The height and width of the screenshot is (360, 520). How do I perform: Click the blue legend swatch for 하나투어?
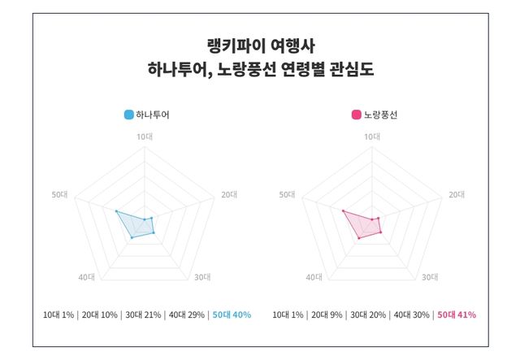pyautogui.click(x=129, y=115)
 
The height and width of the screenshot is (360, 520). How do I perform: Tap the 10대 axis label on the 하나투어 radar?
pyautogui.click(x=144, y=137)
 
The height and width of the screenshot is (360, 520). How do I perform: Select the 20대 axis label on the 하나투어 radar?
pyautogui.click(x=229, y=195)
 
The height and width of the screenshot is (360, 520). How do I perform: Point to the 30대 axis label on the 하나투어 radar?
pyautogui.click(x=202, y=278)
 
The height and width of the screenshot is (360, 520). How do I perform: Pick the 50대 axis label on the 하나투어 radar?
pyautogui.click(x=59, y=195)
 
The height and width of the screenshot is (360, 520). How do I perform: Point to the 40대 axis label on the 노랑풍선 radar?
pyautogui.click(x=315, y=278)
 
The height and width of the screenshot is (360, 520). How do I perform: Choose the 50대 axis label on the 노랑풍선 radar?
pyautogui.click(x=287, y=195)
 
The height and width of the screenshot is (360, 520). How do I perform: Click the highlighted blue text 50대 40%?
pyautogui.click(x=232, y=314)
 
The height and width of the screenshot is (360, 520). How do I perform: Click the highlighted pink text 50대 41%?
pyautogui.click(x=457, y=314)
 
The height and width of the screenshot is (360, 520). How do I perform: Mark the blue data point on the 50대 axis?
pyautogui.click(x=116, y=211)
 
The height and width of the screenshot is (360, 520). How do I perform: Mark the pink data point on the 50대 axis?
pyautogui.click(x=343, y=211)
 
